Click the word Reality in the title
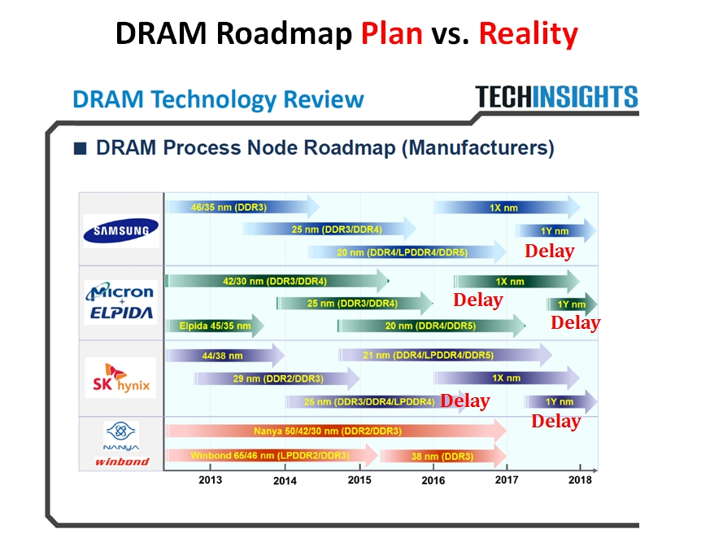coord(528,34)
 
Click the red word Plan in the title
coord(392,34)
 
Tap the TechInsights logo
coord(557,97)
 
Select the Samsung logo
coord(121,231)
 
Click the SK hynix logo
coord(120,379)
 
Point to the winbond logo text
coord(121,462)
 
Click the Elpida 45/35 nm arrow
coord(214,326)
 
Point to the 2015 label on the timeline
coord(359,479)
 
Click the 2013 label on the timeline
coord(211,479)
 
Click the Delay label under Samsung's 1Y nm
coord(549,252)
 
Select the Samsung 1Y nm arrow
coord(555,231)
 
